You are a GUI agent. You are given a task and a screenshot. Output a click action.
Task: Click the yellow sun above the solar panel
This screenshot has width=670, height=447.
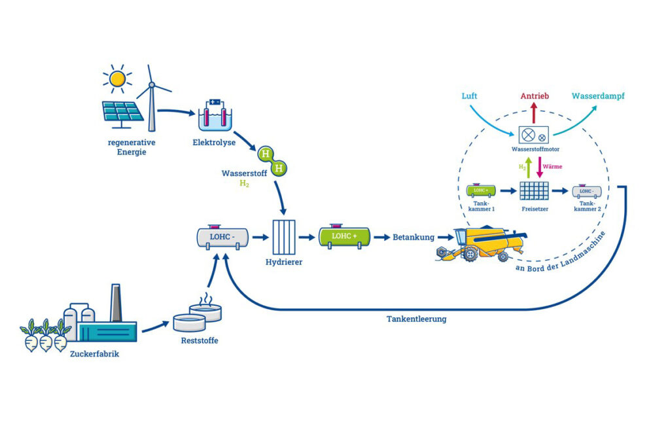[x=117, y=79]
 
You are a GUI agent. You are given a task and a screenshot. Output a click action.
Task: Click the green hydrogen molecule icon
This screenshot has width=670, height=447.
[x=272, y=161]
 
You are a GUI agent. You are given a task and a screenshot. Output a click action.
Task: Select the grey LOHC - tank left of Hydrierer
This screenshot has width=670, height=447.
[x=222, y=238]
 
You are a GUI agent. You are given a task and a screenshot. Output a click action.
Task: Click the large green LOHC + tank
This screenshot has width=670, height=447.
[x=344, y=237]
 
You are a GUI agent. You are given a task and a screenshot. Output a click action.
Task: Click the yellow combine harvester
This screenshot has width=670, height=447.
[x=483, y=243]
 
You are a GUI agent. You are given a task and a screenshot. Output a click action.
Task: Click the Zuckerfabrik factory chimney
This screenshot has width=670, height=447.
[x=116, y=303]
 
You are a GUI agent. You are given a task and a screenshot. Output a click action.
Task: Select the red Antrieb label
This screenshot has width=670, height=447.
[x=534, y=96]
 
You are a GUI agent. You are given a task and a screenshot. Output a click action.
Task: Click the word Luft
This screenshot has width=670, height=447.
[x=469, y=96]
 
